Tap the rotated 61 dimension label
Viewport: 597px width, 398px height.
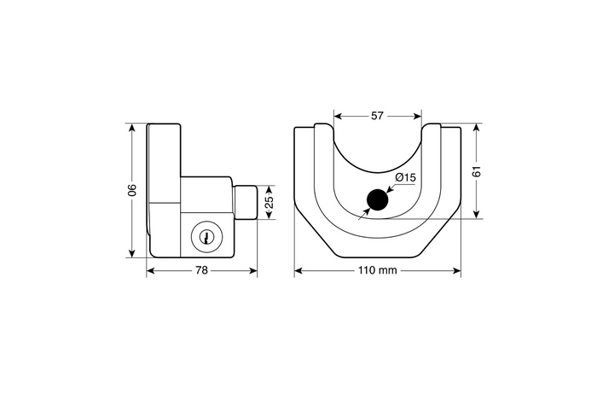coord(478,171)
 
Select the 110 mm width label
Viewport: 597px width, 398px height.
coord(377,271)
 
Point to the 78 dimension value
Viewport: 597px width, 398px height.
coord(202,271)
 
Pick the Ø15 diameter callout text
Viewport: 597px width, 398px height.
coord(405,177)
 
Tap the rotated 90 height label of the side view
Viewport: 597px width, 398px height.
coord(132,190)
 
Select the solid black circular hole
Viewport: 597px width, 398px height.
coord(376,200)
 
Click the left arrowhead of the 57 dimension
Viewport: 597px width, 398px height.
coord(336,114)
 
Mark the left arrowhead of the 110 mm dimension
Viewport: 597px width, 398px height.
coord(298,271)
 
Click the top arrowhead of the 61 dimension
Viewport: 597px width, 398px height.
coord(478,128)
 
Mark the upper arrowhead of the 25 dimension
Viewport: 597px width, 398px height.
coord(270,188)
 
